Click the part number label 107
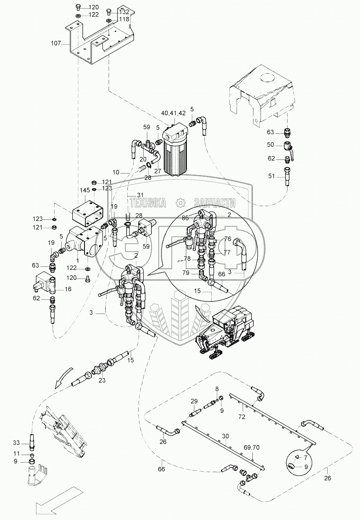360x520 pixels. (x=56, y=43)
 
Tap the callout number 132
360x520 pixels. (x=124, y=12)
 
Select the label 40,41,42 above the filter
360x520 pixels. (x=174, y=113)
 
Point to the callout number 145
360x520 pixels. (x=85, y=190)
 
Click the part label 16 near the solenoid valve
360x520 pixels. (x=68, y=289)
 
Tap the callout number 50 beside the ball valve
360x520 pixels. (x=271, y=144)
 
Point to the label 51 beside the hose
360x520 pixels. (x=271, y=176)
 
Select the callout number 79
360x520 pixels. (x=186, y=273)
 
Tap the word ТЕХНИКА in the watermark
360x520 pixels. (x=148, y=203)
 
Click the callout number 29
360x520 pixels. (x=194, y=401)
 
